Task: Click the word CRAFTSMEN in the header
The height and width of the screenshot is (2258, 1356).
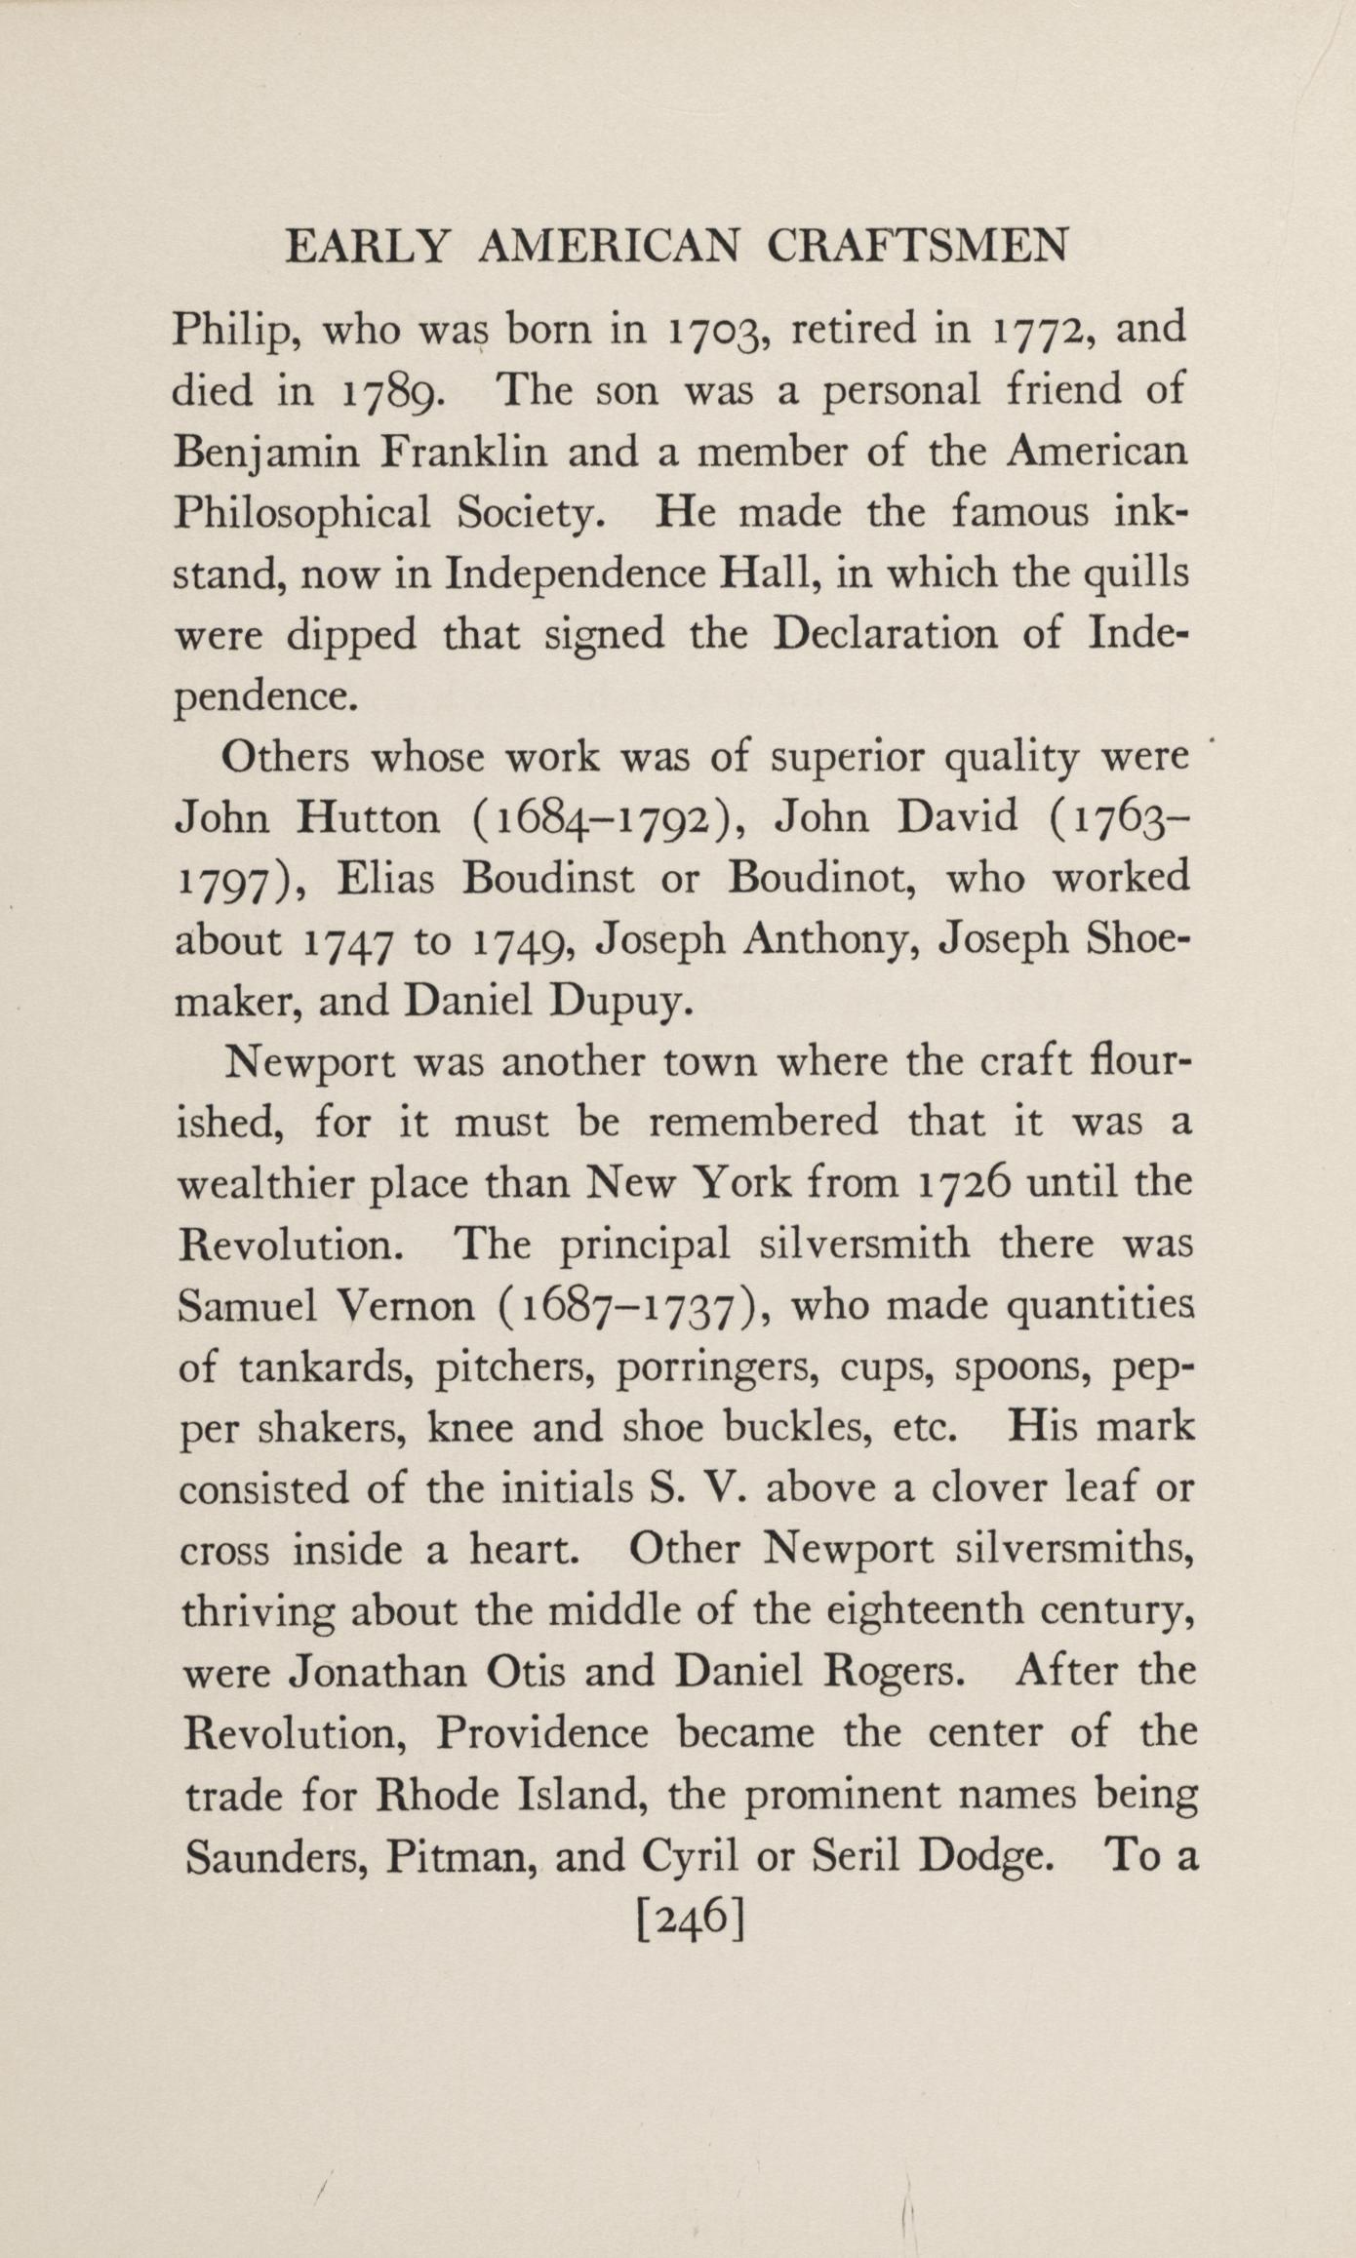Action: [917, 246]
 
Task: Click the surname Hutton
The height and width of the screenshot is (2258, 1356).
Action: [368, 817]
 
